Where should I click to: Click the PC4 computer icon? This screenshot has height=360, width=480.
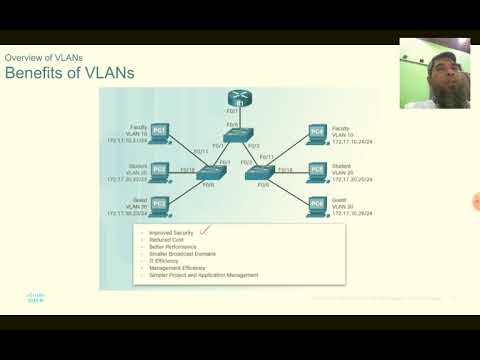click(x=317, y=132)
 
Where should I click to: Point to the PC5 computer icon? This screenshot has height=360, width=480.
click(x=317, y=170)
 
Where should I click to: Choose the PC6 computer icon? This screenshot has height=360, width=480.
click(x=317, y=204)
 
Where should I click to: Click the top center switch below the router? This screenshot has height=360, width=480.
click(x=239, y=138)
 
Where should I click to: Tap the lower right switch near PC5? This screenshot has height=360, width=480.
click(x=265, y=173)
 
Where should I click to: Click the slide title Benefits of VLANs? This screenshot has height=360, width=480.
click(x=70, y=74)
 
